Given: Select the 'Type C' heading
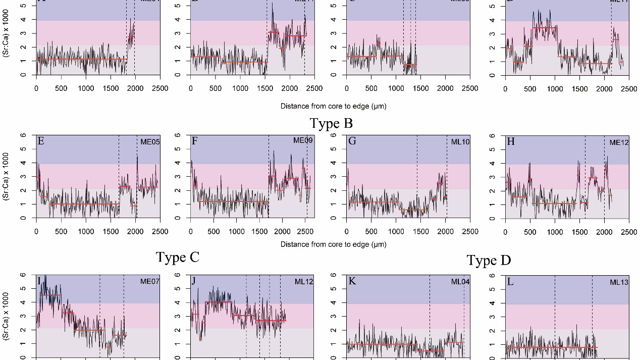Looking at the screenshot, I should [178, 257].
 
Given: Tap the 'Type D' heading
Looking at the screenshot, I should [489, 261].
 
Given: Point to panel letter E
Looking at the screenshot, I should [41, 141].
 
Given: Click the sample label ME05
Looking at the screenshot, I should [150, 142].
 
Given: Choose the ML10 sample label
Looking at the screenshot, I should [460, 142].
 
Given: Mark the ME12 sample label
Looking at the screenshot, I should [619, 143].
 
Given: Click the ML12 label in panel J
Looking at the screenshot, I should [304, 282].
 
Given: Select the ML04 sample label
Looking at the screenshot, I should [460, 282].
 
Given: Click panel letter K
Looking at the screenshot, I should [352, 281].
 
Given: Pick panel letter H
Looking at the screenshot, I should [510, 141].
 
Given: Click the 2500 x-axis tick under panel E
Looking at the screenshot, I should [160, 232].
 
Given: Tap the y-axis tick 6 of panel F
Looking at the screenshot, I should [178, 135].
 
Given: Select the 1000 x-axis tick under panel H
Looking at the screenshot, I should [555, 232].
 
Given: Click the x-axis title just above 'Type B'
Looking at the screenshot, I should [333, 107].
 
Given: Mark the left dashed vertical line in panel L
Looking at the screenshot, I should [555, 316].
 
